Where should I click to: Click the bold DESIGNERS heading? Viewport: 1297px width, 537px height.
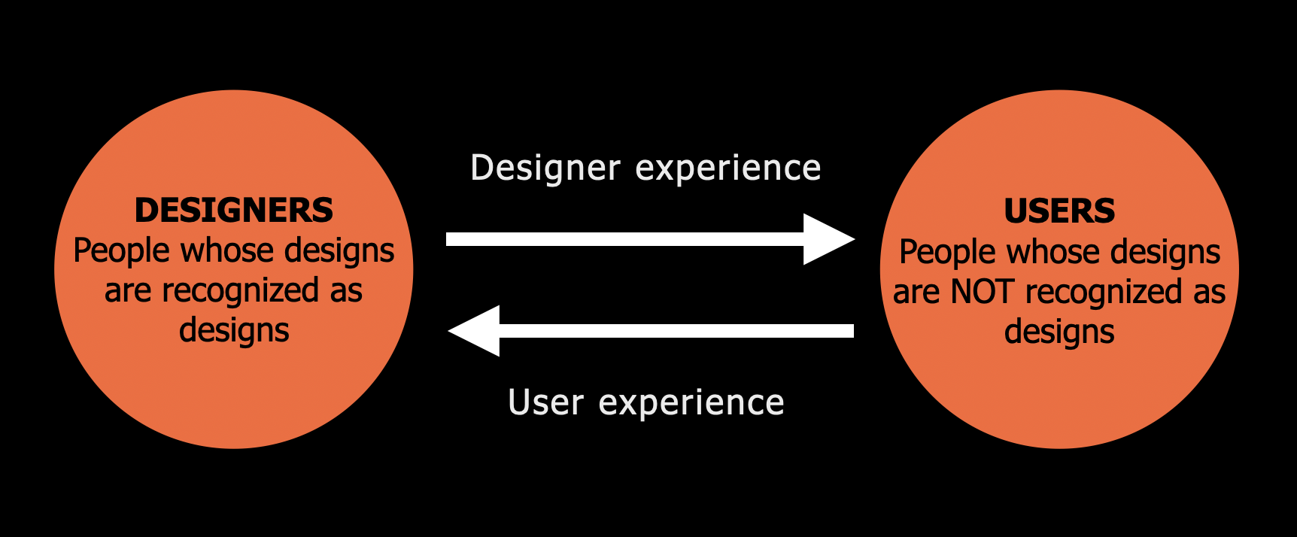pos(233,211)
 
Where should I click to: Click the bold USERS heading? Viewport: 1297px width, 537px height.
pos(1059,211)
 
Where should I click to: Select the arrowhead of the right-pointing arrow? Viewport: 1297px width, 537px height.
pos(828,239)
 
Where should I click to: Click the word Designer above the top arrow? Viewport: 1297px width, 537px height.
pos(545,168)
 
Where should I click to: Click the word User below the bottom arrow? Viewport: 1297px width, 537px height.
pos(545,402)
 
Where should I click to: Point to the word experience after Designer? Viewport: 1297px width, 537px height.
pos(728,168)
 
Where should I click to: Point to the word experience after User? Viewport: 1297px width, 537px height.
pos(691,402)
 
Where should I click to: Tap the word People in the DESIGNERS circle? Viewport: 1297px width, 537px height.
pos(120,251)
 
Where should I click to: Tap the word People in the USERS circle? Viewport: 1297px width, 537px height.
pos(946,253)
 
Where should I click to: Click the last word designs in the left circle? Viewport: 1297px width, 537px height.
pos(234,331)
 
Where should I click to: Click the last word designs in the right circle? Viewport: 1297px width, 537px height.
pos(1059,332)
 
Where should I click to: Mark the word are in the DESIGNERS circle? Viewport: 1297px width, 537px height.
pos(128,291)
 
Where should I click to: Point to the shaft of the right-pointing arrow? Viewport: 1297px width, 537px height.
pos(624,239)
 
